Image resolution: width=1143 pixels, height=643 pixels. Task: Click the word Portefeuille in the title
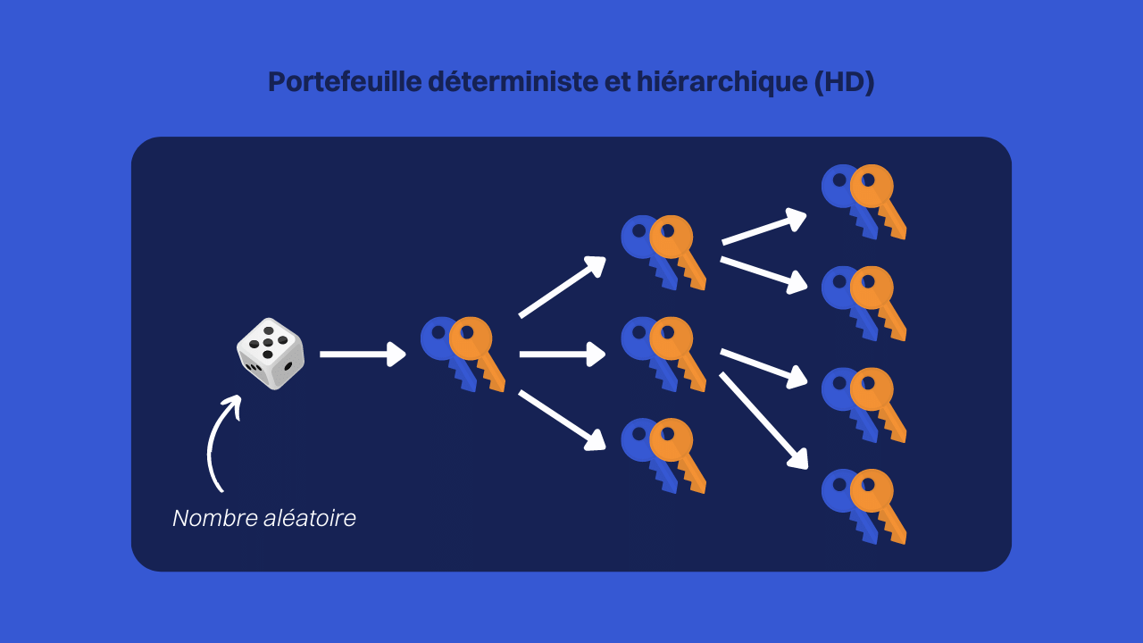(345, 81)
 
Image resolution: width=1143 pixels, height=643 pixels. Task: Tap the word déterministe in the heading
(513, 81)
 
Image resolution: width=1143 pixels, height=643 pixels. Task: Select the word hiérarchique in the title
(722, 82)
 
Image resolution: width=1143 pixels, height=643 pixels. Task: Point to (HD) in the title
(845, 82)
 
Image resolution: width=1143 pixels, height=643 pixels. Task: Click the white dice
(271, 354)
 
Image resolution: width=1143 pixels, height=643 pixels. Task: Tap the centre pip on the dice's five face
(268, 342)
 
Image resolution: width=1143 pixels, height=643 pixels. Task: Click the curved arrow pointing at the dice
(214, 443)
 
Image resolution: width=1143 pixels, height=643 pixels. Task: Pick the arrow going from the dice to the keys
(363, 355)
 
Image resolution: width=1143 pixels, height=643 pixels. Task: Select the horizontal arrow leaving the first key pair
(563, 355)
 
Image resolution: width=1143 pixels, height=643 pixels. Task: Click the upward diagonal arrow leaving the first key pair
(563, 287)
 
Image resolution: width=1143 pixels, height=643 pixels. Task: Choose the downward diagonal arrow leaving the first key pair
(563, 421)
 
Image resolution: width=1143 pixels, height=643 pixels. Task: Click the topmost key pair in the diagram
(864, 202)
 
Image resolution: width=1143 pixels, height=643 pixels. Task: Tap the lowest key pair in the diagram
(864, 506)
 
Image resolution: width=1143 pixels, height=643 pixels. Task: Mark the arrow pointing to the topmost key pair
(763, 227)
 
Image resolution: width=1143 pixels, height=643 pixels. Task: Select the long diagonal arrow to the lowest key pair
(763, 421)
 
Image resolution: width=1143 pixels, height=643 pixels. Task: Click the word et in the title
(617, 82)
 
